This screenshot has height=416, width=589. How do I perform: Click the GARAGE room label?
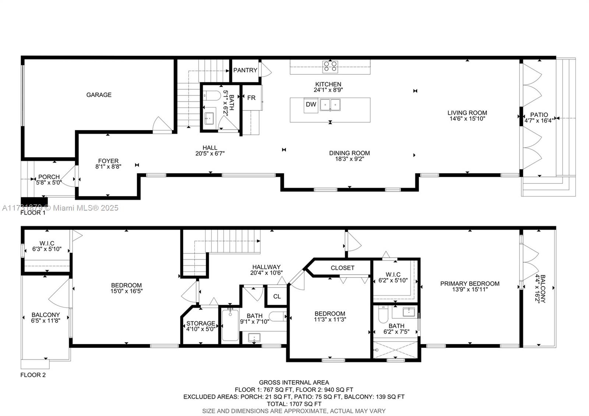click(x=99, y=95)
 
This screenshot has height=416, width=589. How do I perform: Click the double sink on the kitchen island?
click(x=330, y=105)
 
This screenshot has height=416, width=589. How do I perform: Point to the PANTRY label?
click(x=245, y=70)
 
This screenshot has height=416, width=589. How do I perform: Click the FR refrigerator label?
click(x=251, y=98)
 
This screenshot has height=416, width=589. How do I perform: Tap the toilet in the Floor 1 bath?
click(x=213, y=96)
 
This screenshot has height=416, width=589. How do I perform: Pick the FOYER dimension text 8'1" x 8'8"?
click(x=108, y=166)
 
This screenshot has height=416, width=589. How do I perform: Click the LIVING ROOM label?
click(x=467, y=113)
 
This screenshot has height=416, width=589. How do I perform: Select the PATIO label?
click(x=539, y=115)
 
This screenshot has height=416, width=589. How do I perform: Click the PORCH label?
click(x=49, y=177)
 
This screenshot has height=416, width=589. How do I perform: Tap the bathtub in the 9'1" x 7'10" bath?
click(x=230, y=325)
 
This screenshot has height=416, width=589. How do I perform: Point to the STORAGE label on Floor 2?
click(x=201, y=324)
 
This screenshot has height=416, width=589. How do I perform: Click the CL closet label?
click(x=277, y=297)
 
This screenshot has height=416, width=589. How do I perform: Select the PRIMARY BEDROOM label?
click(x=470, y=284)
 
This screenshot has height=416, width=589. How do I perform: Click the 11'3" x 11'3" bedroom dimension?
click(x=330, y=320)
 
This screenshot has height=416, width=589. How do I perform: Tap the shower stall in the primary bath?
click(x=395, y=350)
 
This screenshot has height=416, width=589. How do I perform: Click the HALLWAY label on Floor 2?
click(x=267, y=267)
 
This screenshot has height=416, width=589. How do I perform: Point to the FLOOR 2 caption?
click(x=33, y=375)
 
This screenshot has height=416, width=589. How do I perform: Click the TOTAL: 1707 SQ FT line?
click(x=294, y=404)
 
